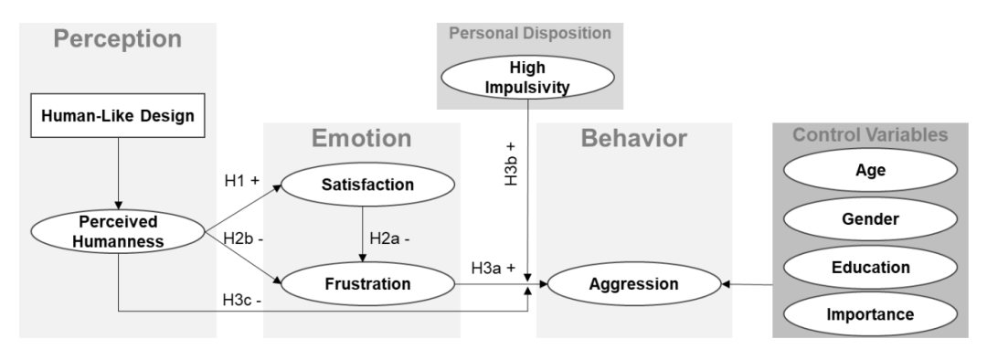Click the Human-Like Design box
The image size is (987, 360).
point(118,115)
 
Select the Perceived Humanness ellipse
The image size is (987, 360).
point(118,231)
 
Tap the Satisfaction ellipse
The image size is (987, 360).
point(367,185)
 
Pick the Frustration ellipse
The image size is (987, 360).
point(367,284)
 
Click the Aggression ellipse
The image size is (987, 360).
point(634,284)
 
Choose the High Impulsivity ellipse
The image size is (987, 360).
point(527,77)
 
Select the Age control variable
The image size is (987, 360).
point(871,170)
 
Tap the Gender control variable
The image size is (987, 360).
point(871,219)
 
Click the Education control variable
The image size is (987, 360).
point(871,267)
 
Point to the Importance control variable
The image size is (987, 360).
point(871,314)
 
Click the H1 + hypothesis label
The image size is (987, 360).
point(241,181)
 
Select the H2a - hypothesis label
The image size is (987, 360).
point(389,238)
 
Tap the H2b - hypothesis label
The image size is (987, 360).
point(243,239)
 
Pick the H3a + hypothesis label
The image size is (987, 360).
point(493,268)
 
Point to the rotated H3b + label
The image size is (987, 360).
point(511,164)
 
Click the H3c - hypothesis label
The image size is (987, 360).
point(242,301)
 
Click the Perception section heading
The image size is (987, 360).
point(118,39)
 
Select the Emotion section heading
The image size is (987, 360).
point(361,139)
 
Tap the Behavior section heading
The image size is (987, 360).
point(634,139)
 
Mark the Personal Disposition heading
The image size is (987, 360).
point(530,33)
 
